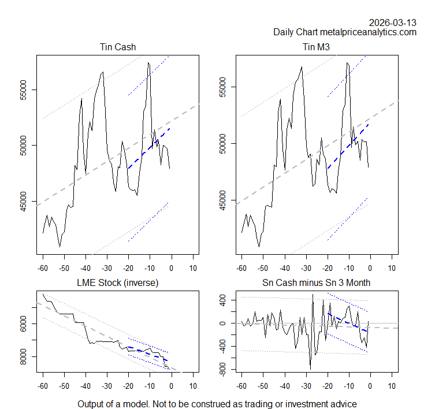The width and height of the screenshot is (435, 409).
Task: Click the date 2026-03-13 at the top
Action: click(x=393, y=23)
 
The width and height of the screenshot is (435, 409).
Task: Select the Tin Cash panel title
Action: click(x=118, y=47)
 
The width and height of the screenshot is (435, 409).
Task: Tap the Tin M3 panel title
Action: click(x=317, y=47)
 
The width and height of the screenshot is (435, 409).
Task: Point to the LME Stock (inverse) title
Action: click(x=118, y=282)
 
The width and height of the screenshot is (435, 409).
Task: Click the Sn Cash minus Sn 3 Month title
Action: click(x=317, y=282)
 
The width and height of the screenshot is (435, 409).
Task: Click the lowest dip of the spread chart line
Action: click(x=310, y=369)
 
